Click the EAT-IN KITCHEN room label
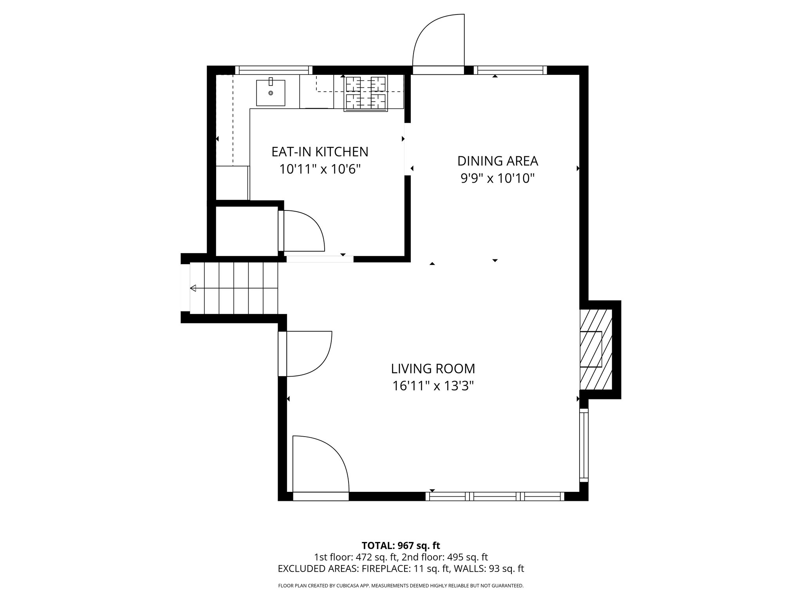[320, 152]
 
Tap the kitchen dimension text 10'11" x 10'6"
[320, 169]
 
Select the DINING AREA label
[498, 161]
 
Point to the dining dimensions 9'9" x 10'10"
[497, 179]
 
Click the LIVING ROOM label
[433, 369]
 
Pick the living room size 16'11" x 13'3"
[433, 386]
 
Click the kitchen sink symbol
[271, 93]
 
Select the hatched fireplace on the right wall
[596, 349]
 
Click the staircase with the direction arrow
[234, 288]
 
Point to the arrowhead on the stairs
[193, 288]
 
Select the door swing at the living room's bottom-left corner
[319, 465]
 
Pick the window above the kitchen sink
[273, 71]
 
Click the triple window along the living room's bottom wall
[495, 497]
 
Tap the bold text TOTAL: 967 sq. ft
[401, 546]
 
